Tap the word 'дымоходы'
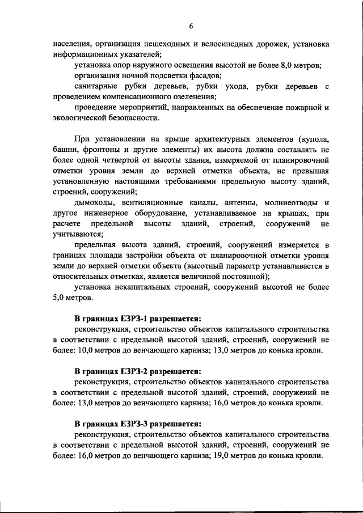click(x=94, y=203)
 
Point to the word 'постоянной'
click(x=244, y=277)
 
